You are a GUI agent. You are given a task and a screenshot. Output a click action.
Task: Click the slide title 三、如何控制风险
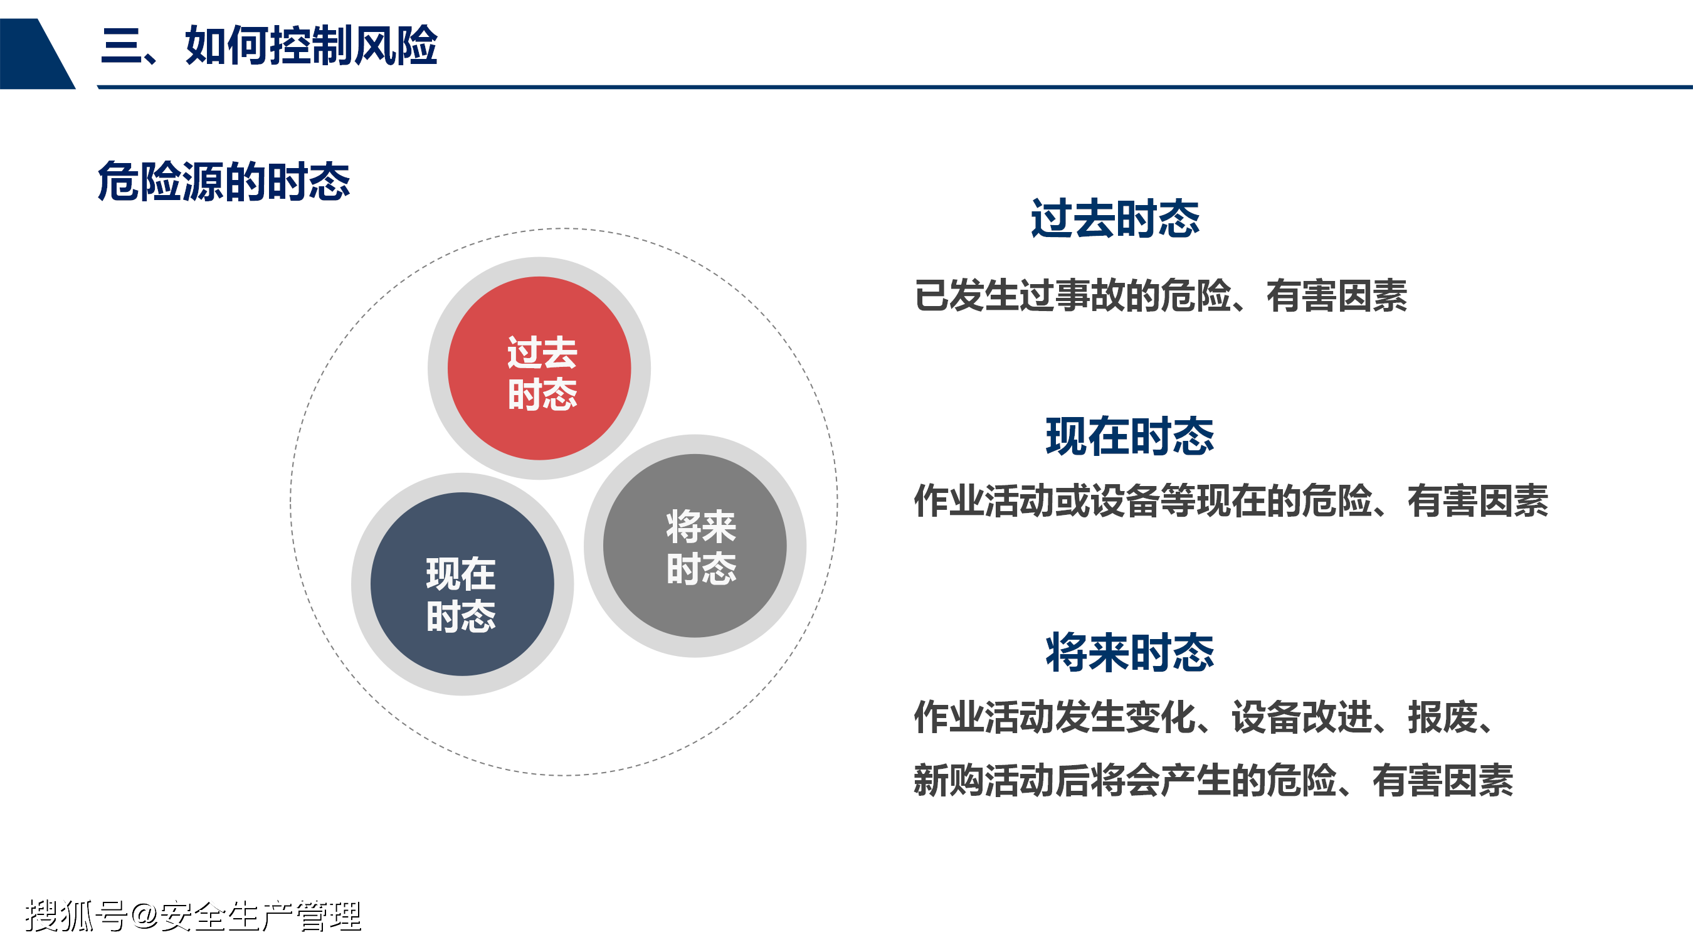pos(270,45)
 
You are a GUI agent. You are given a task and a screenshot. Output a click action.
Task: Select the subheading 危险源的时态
pos(224,181)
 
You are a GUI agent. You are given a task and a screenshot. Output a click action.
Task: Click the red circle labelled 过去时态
pos(539,368)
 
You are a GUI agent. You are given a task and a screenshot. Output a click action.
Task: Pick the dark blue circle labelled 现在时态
pos(462,584)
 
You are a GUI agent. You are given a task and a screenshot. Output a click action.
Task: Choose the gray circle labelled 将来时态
pos(695,546)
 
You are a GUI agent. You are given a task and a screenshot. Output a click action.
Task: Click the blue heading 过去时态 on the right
pos(1115,218)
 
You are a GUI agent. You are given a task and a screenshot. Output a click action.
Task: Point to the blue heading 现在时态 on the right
pos(1130,436)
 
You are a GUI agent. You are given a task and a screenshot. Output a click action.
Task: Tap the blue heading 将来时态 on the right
pos(1130,652)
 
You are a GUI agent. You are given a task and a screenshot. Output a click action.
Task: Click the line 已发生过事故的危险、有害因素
pos(1161,295)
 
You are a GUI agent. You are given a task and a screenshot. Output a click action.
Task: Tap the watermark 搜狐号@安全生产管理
pos(193,916)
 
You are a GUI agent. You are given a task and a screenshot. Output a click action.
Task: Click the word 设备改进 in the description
pos(1302,717)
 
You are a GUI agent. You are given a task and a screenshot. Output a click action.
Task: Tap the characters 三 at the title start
pos(121,45)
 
